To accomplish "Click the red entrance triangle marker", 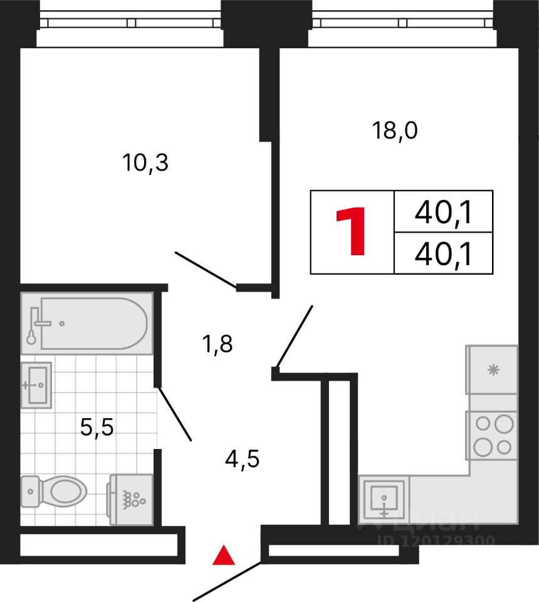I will point(224,556).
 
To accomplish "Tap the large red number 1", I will point(352,232).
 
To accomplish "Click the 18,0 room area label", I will point(395,132).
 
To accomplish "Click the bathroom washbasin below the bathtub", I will point(36,384).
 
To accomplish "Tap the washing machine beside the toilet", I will point(132,499).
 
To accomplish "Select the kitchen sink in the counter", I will point(384,499).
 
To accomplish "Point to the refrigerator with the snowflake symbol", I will point(492,369).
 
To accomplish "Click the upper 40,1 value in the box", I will point(443,214).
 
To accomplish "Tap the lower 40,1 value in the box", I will point(443,254).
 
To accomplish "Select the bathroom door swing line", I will point(174,415).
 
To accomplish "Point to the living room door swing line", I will point(294,335).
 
